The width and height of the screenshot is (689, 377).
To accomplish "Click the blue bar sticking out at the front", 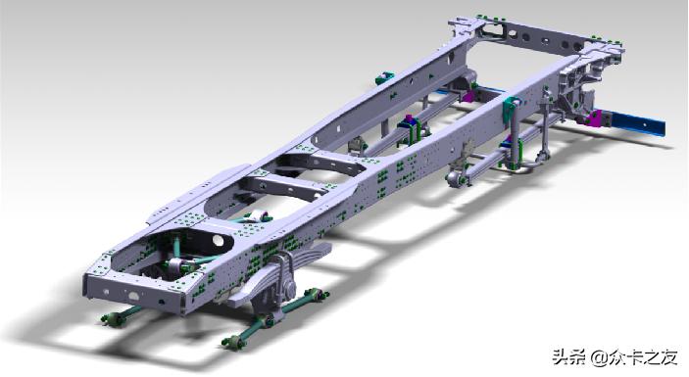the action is click(x=636, y=122).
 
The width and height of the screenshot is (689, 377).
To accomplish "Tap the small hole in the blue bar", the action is click(x=645, y=124).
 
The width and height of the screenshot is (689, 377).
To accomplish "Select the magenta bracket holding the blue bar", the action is click(x=593, y=118).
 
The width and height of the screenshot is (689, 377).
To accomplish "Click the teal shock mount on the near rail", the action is click(x=512, y=106).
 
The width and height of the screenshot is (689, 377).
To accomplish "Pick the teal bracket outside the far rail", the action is click(x=383, y=78).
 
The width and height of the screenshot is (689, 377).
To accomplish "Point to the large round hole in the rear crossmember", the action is click(x=218, y=240).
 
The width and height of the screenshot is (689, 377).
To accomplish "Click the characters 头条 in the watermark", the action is click(x=568, y=357).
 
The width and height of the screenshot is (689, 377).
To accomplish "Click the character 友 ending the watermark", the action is click(x=668, y=357).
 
